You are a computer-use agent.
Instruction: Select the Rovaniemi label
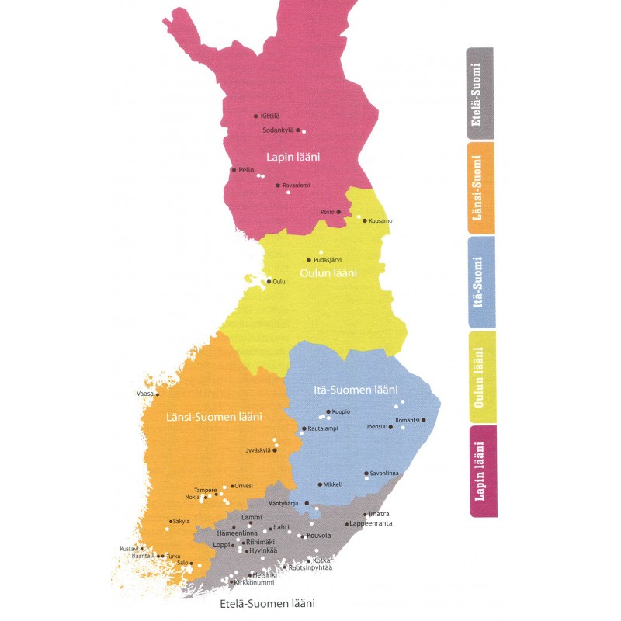click(296, 186)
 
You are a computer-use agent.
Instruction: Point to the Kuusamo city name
click(380, 221)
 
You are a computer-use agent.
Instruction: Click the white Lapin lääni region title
click(293, 157)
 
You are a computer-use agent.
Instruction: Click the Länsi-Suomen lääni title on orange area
click(214, 418)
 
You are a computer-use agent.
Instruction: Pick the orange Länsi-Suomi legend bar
click(480, 187)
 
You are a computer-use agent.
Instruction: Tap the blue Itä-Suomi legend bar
click(480, 282)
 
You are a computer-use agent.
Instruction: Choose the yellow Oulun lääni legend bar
click(481, 376)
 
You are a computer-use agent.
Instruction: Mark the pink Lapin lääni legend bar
click(481, 471)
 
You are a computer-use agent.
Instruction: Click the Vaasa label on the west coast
click(145, 394)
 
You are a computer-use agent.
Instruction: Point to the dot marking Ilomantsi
click(423, 420)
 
